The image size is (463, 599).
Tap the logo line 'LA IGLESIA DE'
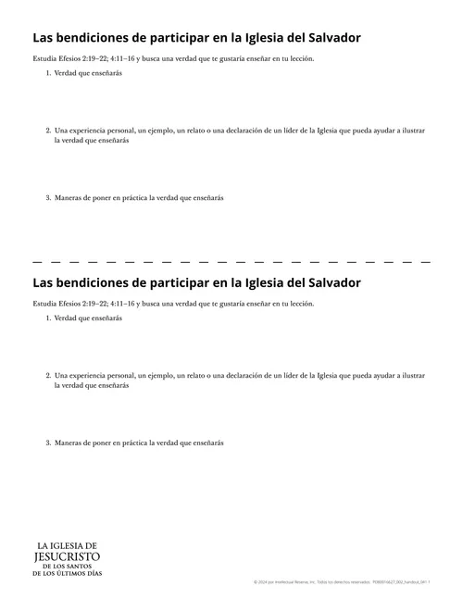[67, 546]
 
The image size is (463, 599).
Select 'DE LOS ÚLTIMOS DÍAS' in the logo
[67, 574]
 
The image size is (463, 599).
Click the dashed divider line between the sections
[231, 263]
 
